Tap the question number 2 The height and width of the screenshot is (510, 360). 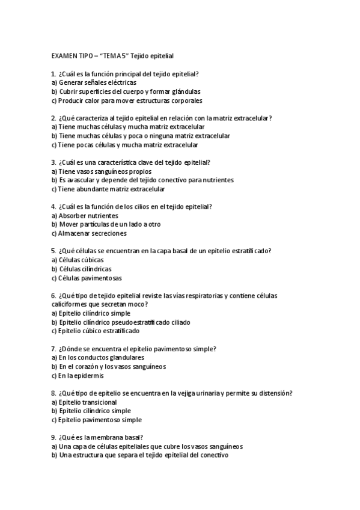coord(53,118)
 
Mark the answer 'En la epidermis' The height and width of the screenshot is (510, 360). coord(81,375)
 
